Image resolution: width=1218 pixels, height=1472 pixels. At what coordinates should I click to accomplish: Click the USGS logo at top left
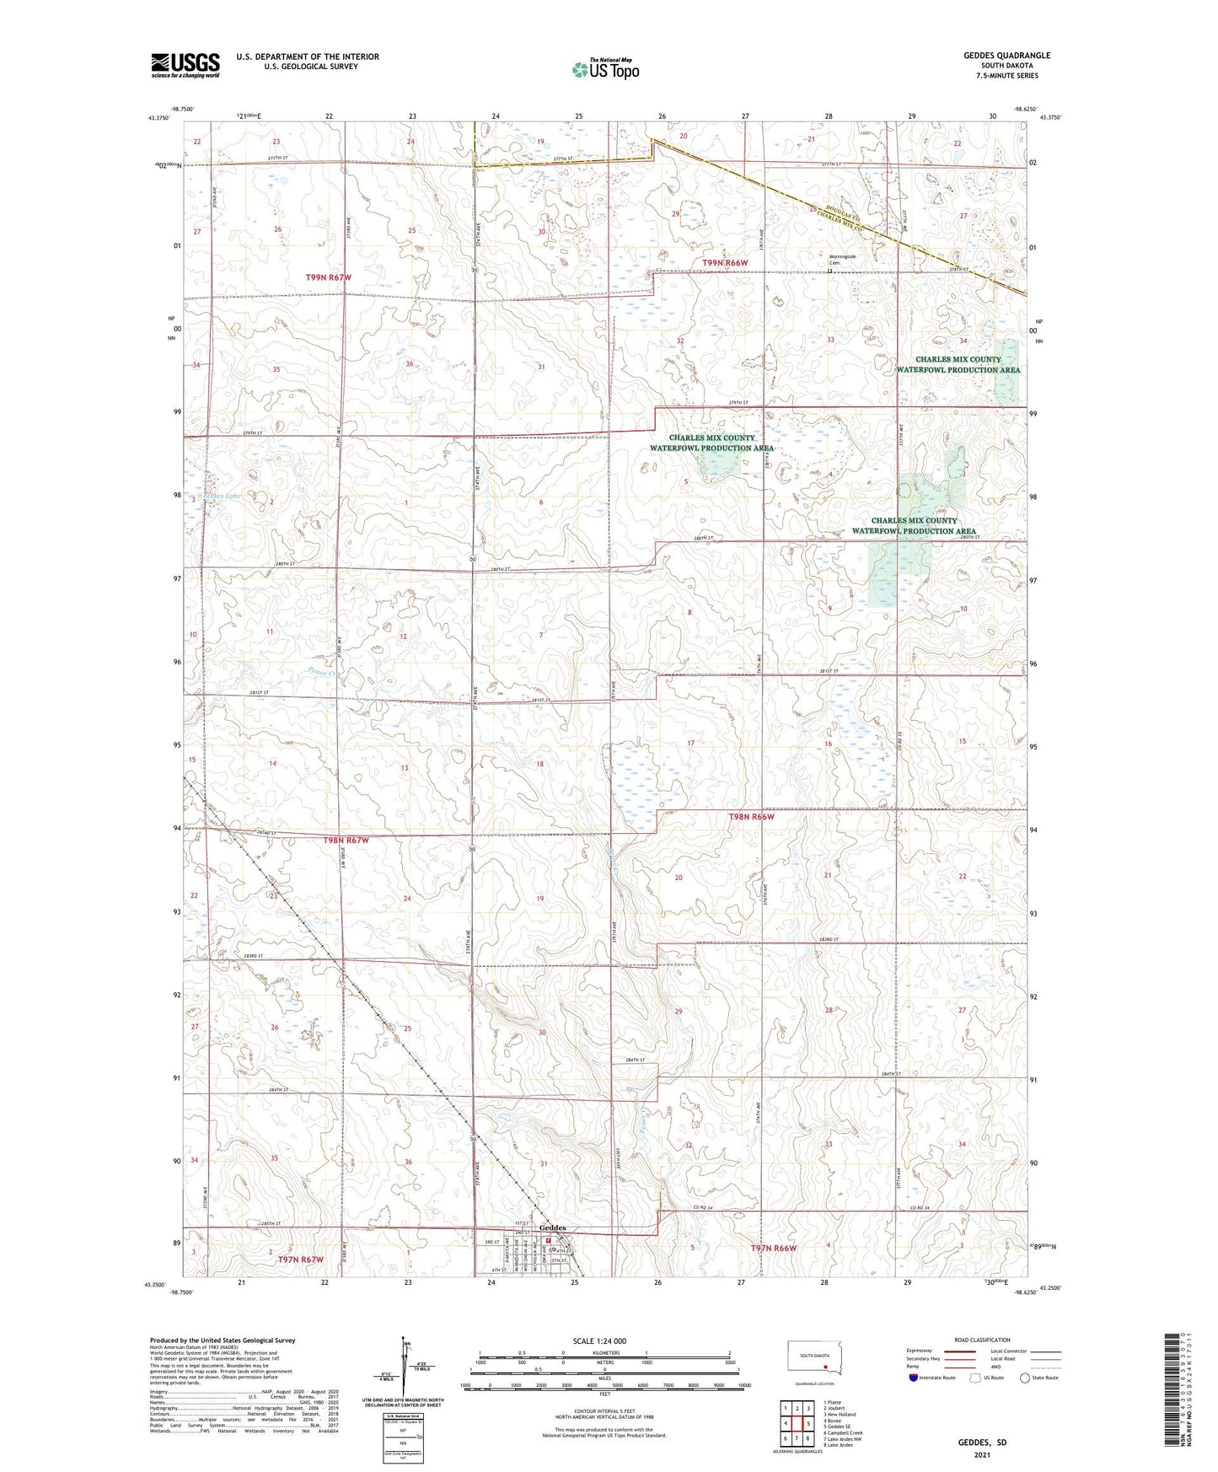(x=185, y=65)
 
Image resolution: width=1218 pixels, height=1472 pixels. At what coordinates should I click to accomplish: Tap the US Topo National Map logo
(x=605, y=68)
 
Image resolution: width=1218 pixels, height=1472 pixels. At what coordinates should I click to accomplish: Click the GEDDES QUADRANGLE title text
(x=1007, y=56)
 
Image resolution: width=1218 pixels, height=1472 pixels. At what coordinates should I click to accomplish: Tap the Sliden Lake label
(x=222, y=496)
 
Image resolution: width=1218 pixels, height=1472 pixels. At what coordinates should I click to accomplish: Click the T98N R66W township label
(x=751, y=816)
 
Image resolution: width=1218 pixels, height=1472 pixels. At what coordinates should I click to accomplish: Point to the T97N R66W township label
(x=773, y=1248)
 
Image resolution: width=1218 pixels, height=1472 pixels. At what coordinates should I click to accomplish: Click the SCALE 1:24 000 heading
(x=599, y=1340)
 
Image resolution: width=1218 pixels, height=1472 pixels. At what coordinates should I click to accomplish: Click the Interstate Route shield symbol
(x=914, y=1378)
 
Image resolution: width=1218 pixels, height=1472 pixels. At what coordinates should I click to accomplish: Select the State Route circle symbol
(x=1025, y=1378)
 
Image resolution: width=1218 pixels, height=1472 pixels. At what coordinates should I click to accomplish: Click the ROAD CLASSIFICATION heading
(x=982, y=1340)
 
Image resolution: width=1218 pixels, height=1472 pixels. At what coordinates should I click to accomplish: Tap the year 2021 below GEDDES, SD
(x=982, y=1454)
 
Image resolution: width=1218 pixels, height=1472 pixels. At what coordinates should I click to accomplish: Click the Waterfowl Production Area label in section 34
(x=958, y=364)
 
